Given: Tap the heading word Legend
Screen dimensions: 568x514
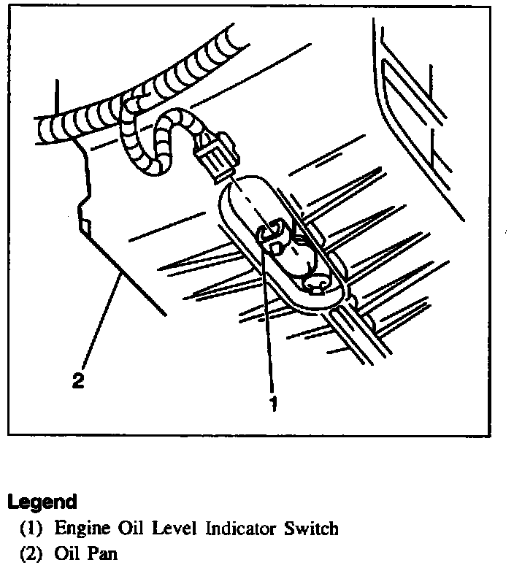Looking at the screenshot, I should click(42, 502).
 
